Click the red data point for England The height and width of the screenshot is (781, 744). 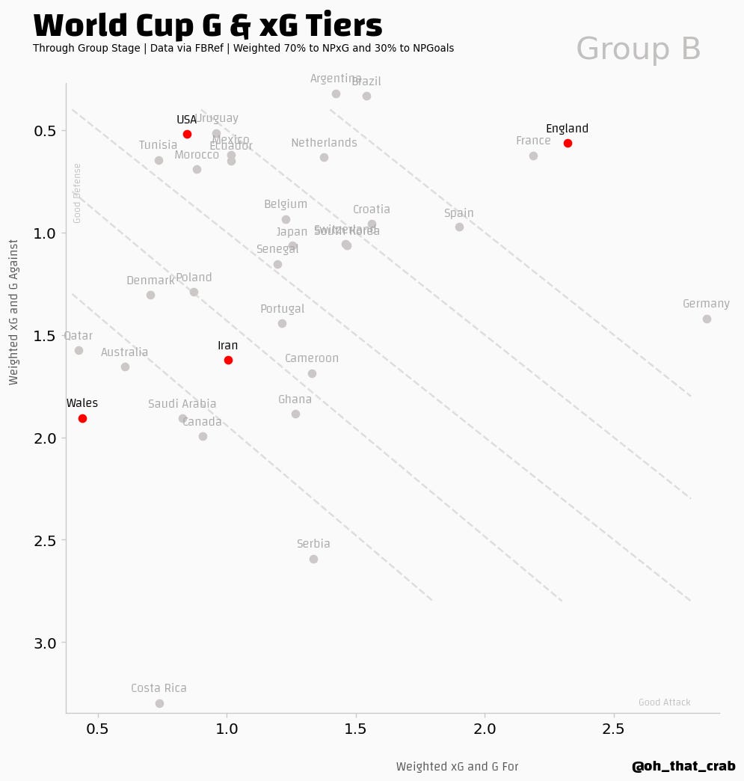pos(568,143)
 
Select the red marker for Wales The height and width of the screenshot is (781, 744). pos(82,418)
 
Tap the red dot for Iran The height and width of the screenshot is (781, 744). pos(228,360)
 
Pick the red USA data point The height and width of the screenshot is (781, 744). pos(187,134)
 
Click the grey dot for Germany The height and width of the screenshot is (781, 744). pos(707,319)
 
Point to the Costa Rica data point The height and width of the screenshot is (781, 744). pos(159,703)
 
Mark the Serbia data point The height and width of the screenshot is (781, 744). pos(313,559)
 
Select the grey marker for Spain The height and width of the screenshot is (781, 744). pos(459,227)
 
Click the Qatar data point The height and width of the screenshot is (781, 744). pos(79,350)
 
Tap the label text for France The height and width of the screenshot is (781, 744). pos(533,141)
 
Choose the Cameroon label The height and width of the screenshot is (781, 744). pos(312,358)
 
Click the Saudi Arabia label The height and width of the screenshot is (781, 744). pos(182,404)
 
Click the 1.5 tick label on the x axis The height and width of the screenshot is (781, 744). pos(356,729)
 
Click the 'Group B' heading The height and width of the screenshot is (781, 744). pos(638,49)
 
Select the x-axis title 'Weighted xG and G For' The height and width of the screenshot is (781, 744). pos(457,767)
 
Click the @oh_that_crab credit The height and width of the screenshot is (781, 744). pos(683,767)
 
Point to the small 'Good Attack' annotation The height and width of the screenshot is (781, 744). pos(664,702)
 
